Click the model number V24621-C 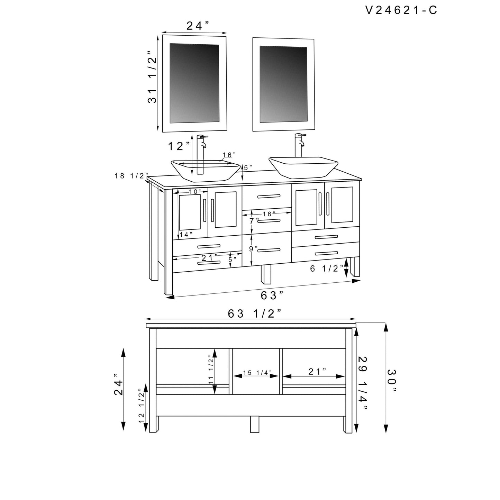(401, 10)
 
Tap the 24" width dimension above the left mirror (198, 26)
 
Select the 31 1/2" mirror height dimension (152, 77)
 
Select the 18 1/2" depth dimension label (131, 176)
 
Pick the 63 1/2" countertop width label (254, 313)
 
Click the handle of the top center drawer (269, 197)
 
